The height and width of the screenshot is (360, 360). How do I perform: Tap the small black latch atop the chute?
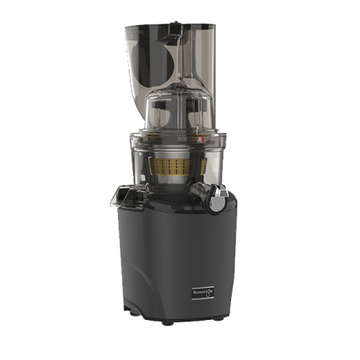[173, 36]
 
